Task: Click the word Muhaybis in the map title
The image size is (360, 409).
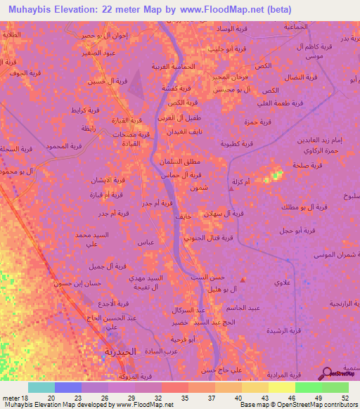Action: [x=33, y=10]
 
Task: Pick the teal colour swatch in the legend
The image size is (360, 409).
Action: [x=41, y=387]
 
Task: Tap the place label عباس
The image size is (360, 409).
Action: [x=165, y=242]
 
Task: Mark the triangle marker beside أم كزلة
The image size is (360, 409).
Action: [x=233, y=188]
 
